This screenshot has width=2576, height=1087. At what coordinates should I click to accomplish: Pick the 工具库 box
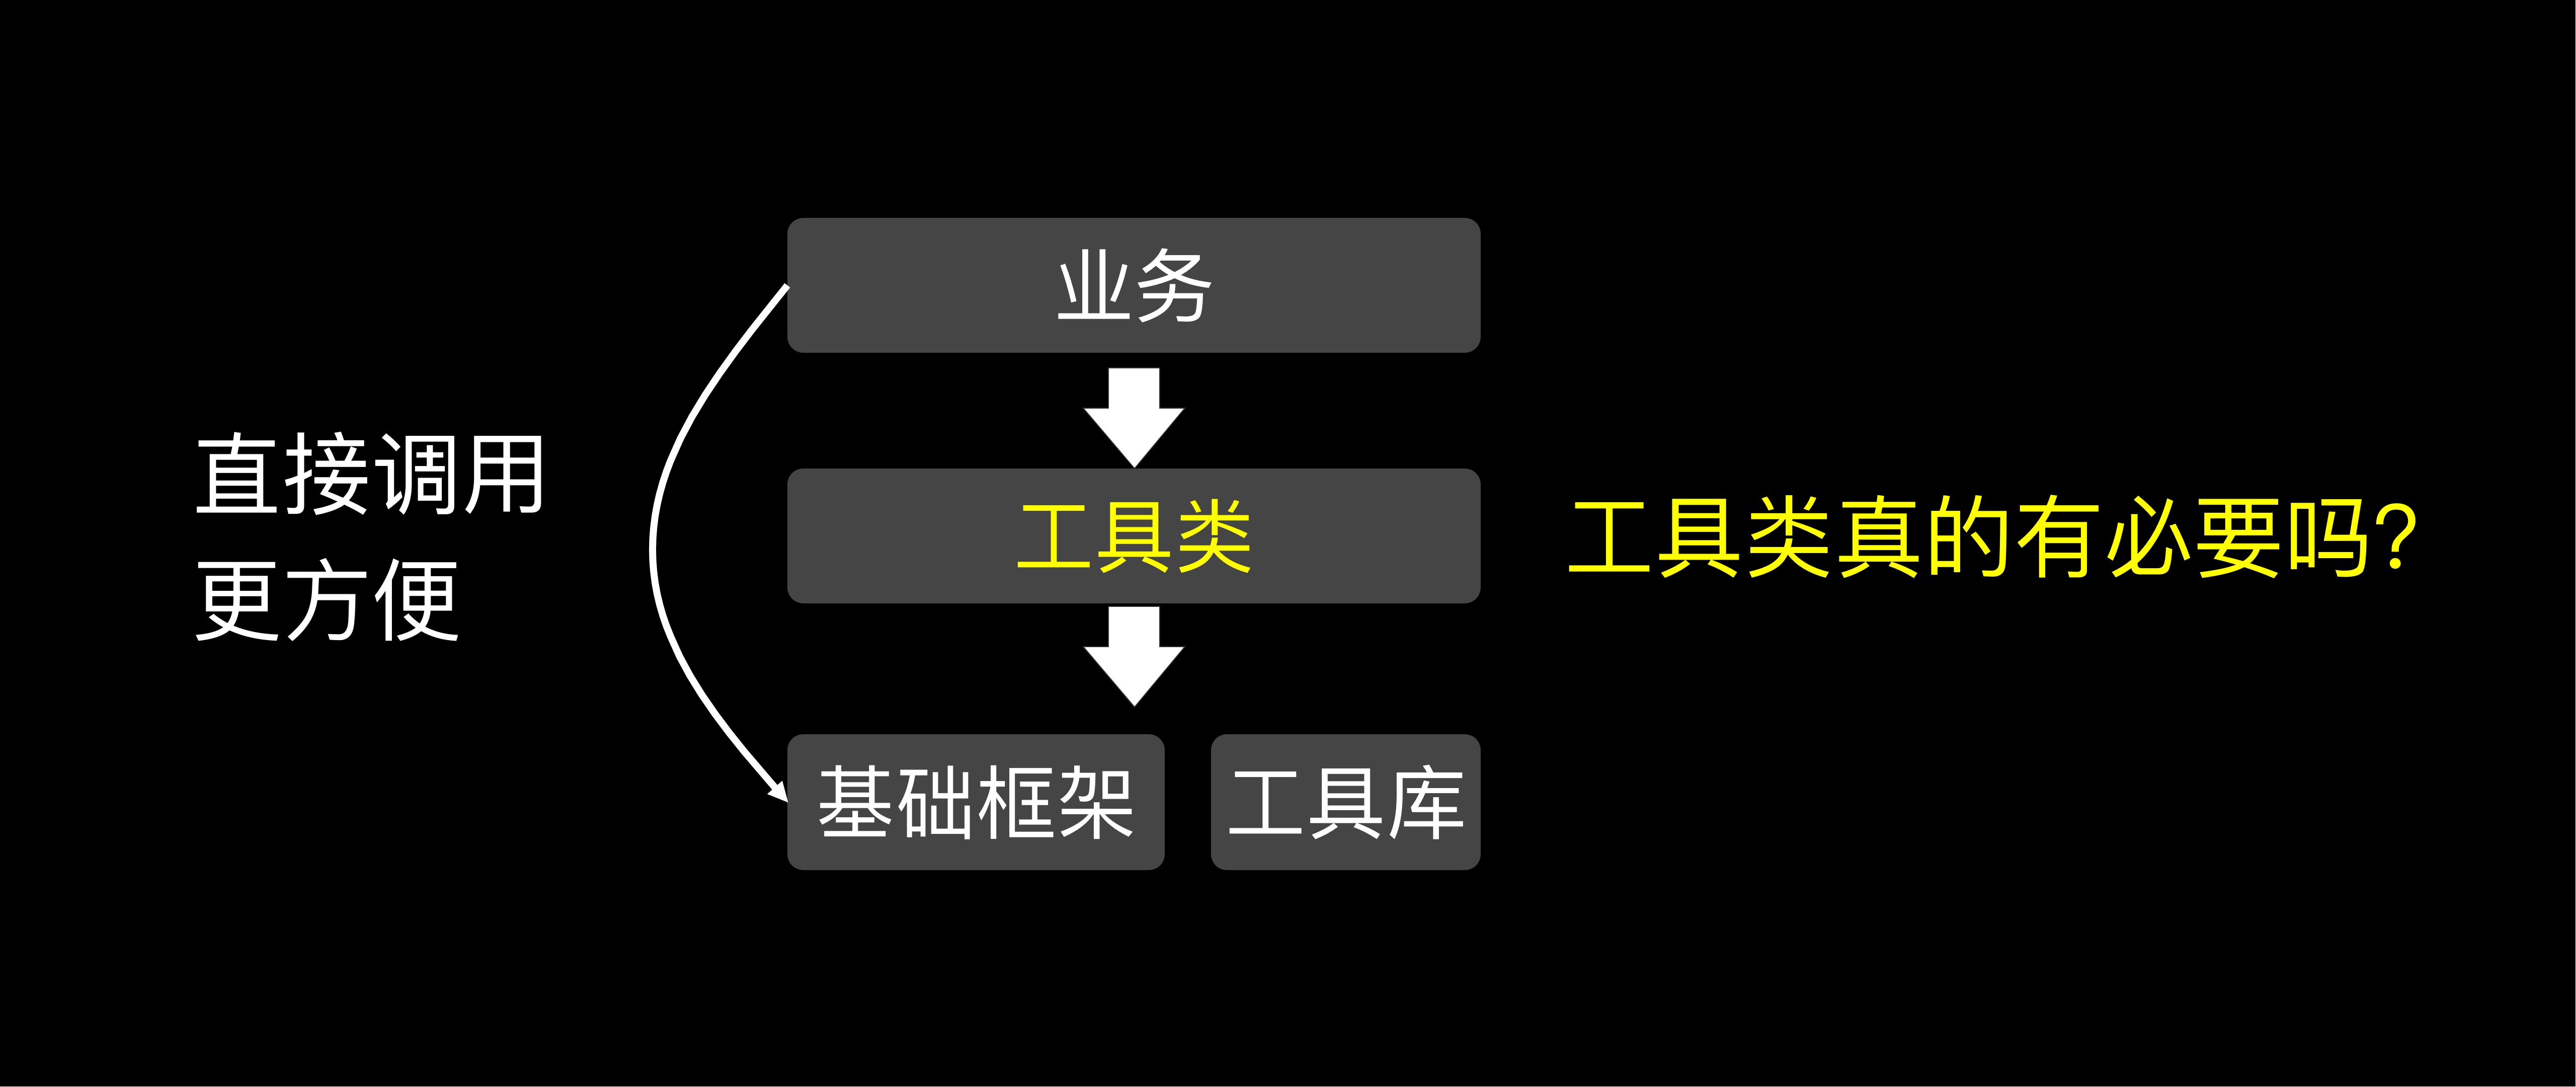click(1345, 802)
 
